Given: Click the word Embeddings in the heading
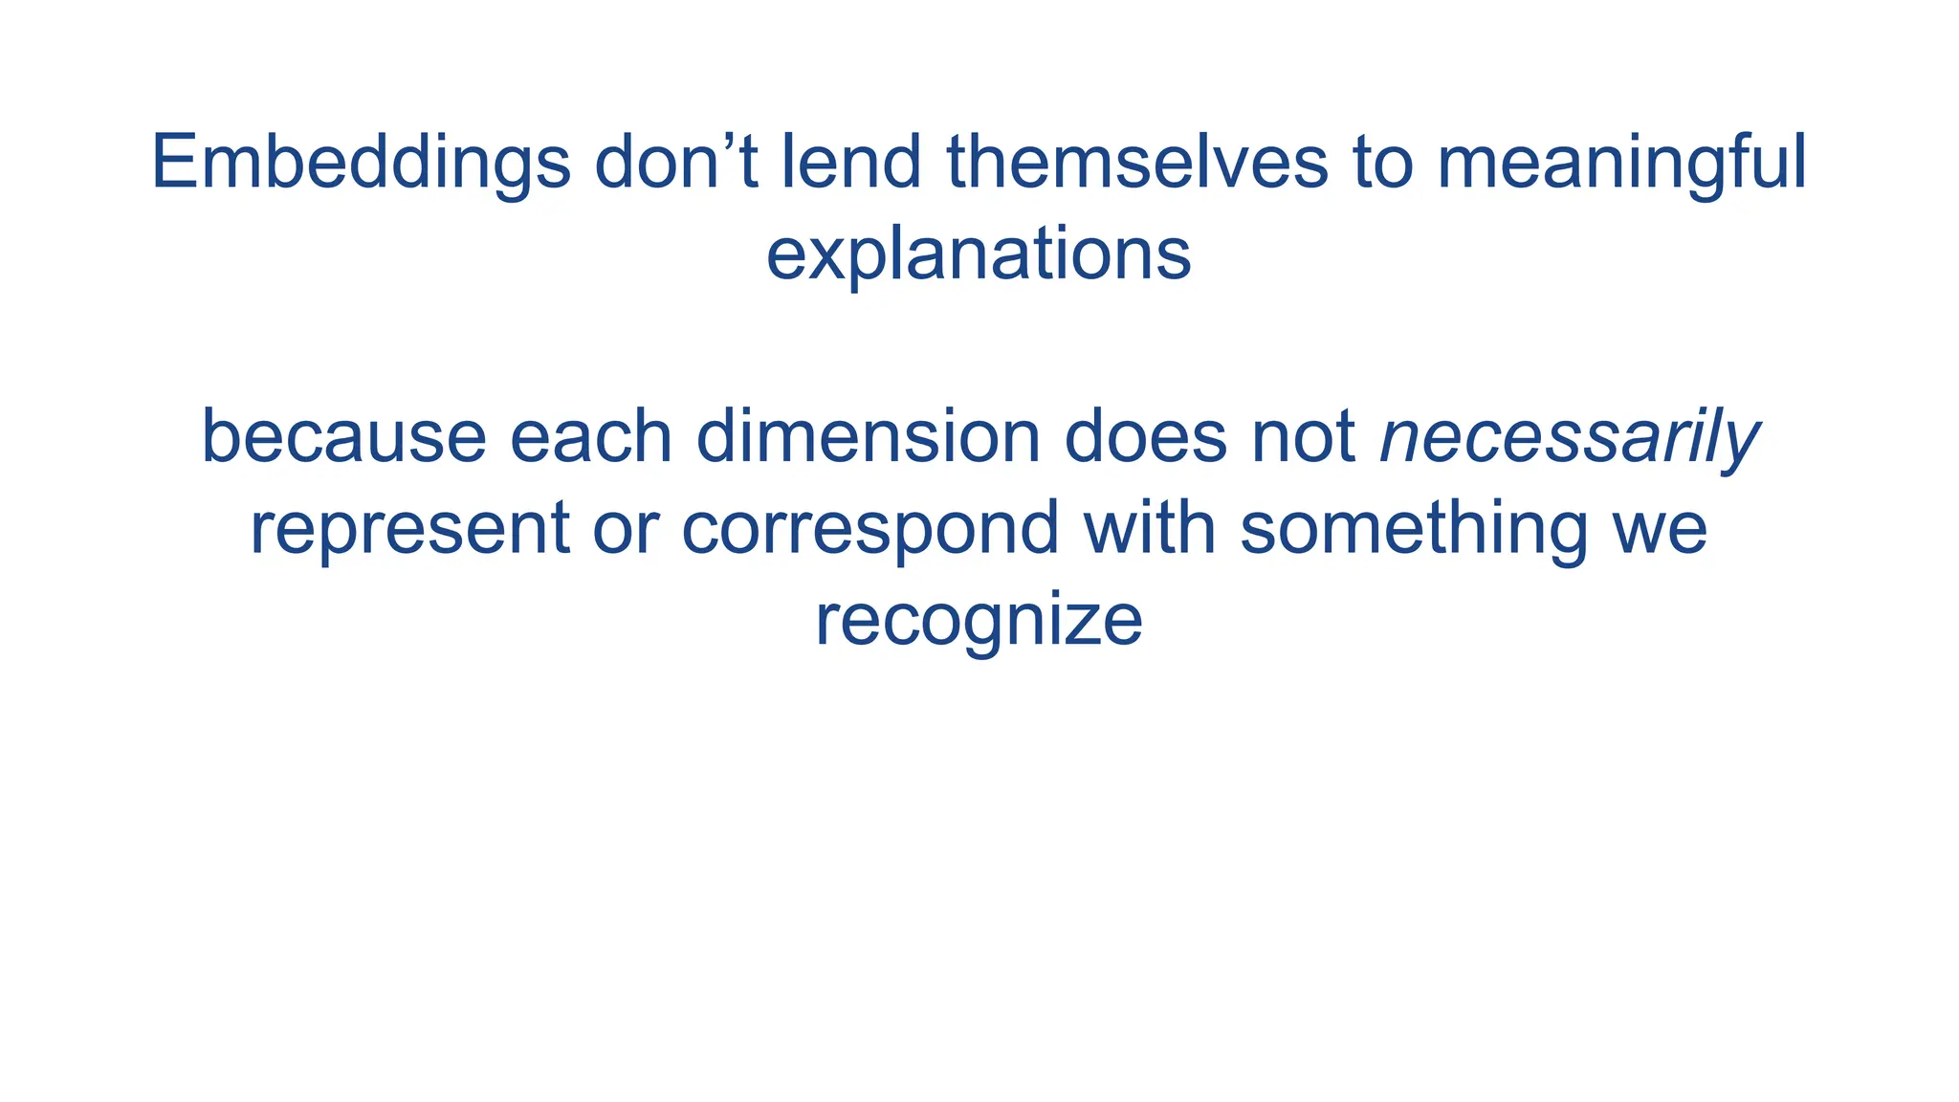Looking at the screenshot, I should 361,165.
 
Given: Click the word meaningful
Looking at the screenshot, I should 1621,165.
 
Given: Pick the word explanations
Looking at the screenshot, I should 979,255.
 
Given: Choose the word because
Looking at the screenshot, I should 343,437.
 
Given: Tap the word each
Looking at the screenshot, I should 591,437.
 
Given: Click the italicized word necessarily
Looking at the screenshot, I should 1569,439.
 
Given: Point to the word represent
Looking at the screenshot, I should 409,529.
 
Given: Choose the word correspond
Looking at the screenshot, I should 869,529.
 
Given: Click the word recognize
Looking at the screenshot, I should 979,621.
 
